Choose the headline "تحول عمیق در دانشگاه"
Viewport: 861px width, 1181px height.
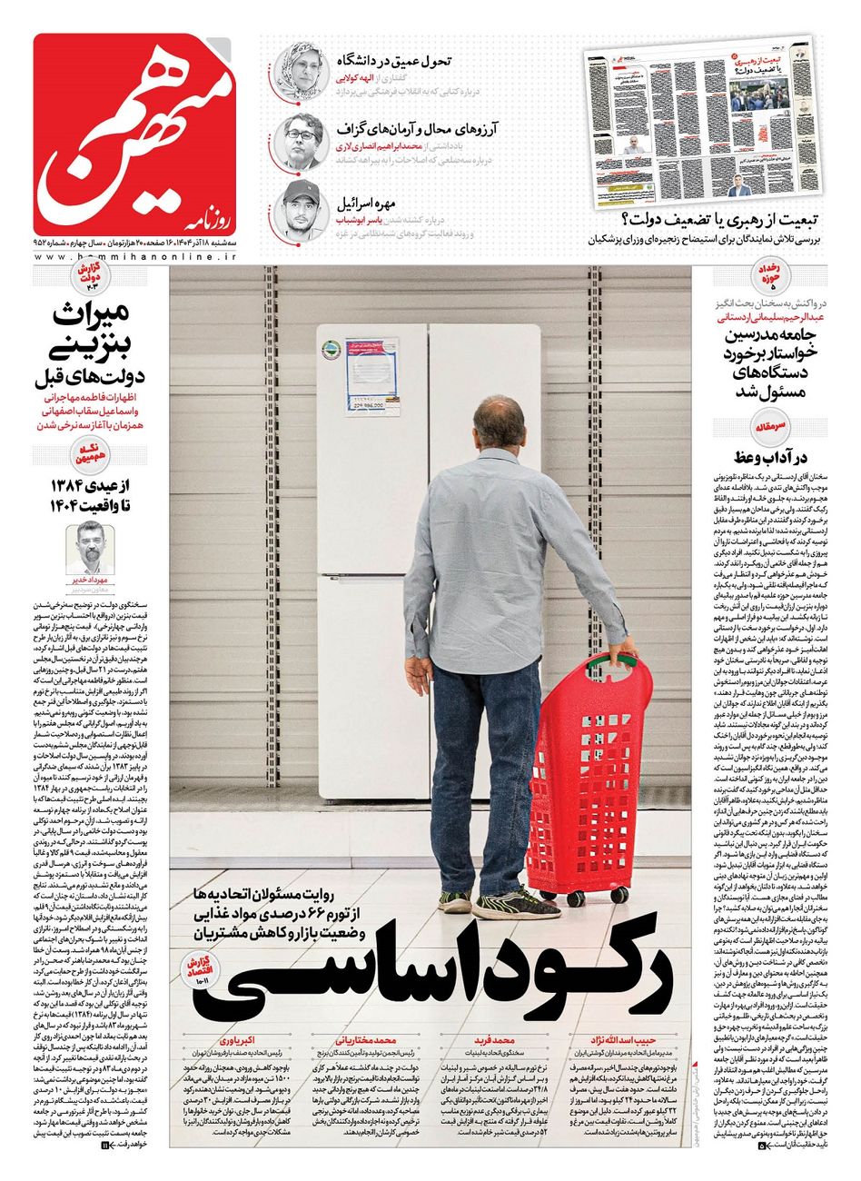tap(396, 61)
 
